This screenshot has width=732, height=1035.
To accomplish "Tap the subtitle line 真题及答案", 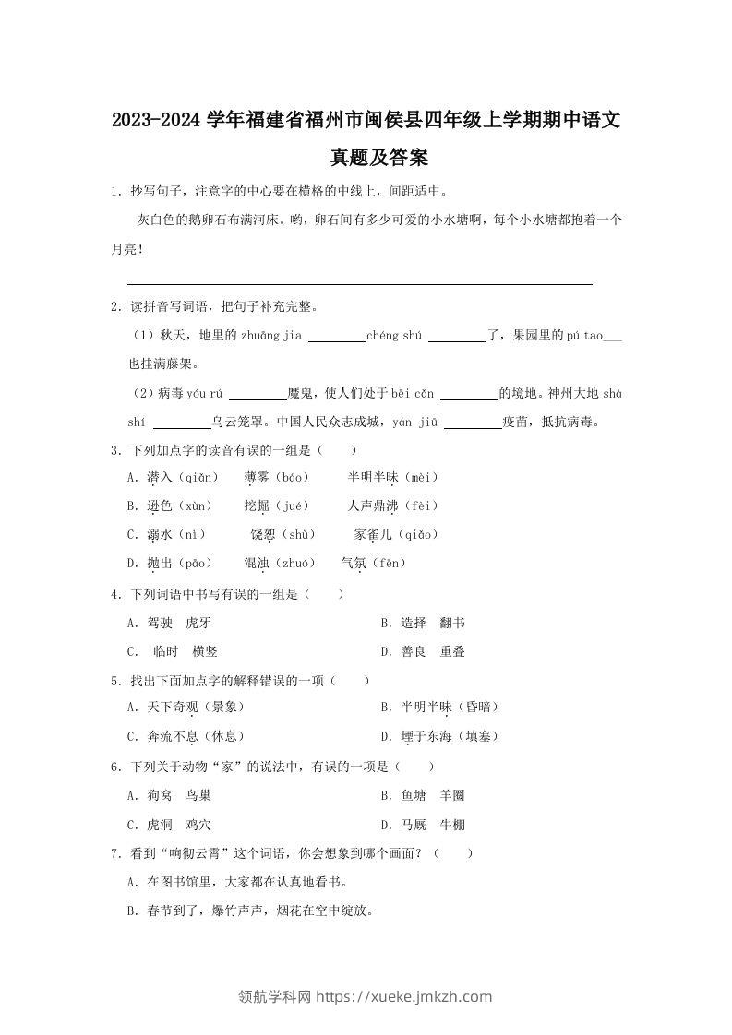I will click(366, 159).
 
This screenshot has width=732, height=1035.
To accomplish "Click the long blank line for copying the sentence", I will click(359, 283).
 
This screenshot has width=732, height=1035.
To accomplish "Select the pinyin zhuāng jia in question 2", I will click(271, 336).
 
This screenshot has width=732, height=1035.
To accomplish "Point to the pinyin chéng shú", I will click(394, 336).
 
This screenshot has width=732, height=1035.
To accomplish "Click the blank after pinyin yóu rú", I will click(258, 394).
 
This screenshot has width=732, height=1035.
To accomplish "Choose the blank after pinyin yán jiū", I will click(472, 422).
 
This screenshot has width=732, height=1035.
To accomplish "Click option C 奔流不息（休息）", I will click(186, 736).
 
